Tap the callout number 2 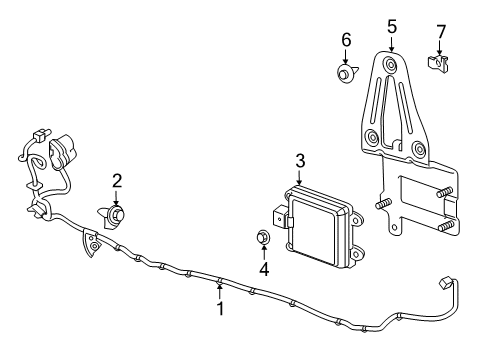pos(117,180)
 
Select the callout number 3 pos(299,160)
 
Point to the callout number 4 pos(264,268)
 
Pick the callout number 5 pos(392,27)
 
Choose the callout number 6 pos(346,40)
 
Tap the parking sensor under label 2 pos(118,214)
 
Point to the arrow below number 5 pos(392,45)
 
